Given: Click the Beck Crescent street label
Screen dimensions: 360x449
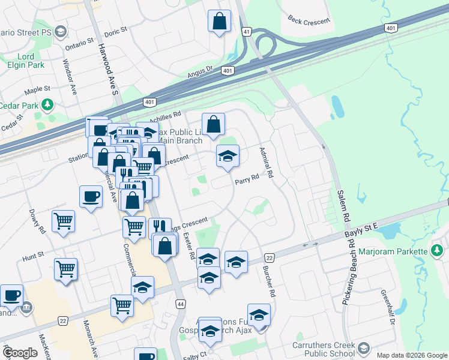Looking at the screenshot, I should (309, 21).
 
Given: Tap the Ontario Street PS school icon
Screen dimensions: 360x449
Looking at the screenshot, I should (60, 31).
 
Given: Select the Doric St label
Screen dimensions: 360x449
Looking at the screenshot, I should (116, 29).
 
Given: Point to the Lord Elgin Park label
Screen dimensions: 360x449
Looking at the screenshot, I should (26, 61).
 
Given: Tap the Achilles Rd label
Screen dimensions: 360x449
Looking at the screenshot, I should (166, 115).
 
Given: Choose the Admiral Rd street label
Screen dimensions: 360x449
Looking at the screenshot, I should (266, 164).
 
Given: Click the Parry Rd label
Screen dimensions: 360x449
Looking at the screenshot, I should (247, 178).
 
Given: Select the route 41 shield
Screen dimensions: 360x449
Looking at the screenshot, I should (247, 31).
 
